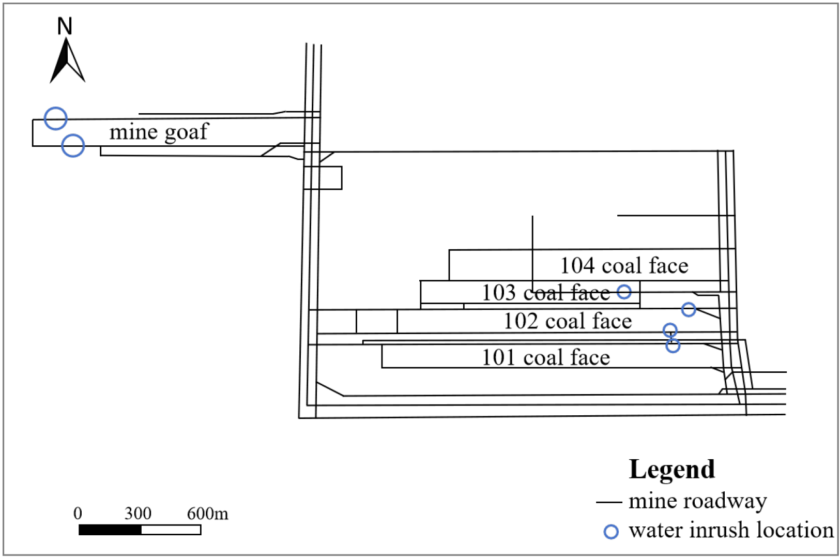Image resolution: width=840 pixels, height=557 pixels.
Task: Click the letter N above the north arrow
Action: (65, 26)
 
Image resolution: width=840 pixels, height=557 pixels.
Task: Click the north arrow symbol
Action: (67, 62)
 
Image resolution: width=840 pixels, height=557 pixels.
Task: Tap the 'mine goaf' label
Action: (159, 132)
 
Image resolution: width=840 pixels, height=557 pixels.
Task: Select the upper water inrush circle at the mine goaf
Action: (56, 118)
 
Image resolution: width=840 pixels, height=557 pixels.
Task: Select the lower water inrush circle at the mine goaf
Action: (73, 145)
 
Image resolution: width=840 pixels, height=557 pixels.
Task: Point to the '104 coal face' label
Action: (624, 266)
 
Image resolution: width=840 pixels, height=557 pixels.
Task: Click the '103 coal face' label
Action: (545, 293)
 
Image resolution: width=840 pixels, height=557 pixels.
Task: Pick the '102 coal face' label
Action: (568, 321)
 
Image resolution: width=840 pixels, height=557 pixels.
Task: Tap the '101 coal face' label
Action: (545, 357)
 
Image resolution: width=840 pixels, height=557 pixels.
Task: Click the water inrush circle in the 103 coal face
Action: (624, 292)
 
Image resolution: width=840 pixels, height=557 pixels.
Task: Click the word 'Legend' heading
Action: (671, 470)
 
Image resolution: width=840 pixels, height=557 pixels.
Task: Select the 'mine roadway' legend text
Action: (697, 501)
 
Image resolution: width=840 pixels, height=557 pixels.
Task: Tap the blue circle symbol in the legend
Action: (611, 532)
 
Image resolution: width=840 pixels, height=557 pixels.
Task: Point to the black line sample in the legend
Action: (608, 502)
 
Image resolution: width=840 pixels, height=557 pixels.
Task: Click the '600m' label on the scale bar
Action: (207, 514)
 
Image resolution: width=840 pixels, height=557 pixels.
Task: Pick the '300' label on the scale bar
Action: (138, 514)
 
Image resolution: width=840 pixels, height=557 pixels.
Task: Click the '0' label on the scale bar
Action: (78, 514)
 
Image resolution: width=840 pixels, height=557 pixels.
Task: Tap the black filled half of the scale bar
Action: (110, 530)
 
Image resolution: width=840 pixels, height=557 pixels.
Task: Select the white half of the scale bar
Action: (171, 530)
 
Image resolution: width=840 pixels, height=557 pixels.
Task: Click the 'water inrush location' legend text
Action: (731, 531)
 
